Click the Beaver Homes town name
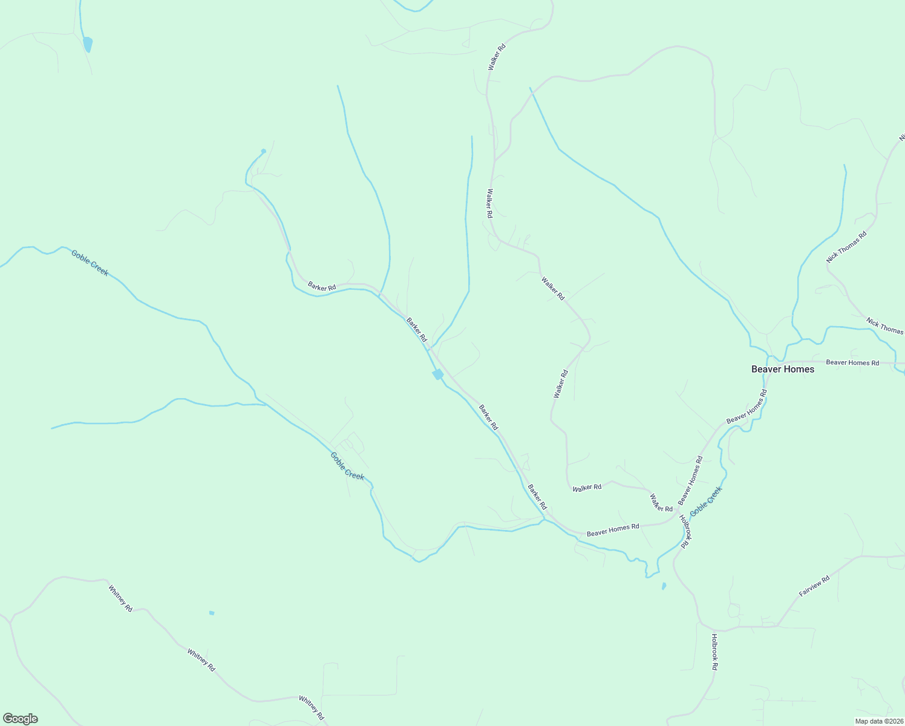coord(782,369)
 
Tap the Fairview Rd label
coord(814,586)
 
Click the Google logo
coord(21,719)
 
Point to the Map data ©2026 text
coord(878,721)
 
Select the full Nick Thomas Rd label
coord(846,247)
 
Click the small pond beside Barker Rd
coord(438,375)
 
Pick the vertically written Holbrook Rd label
coord(714,652)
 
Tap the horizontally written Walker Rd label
coord(587,488)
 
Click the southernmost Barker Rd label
coord(537,497)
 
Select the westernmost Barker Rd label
coord(321,286)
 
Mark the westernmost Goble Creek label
coord(90,263)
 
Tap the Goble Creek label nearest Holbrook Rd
coord(706,501)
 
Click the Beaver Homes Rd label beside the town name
coord(852,362)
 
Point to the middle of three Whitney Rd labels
coord(201,660)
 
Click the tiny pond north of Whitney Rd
coord(212,613)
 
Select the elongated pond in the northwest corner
coord(88,44)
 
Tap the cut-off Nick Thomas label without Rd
coord(884,326)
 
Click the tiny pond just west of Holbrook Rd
coord(664,586)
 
